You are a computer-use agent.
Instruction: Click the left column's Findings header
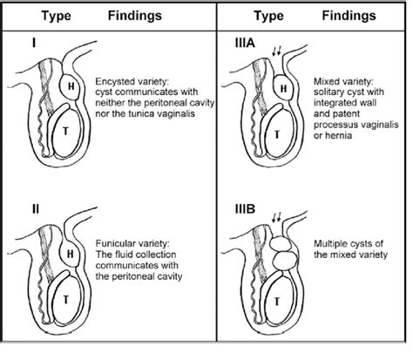tap(135, 16)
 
